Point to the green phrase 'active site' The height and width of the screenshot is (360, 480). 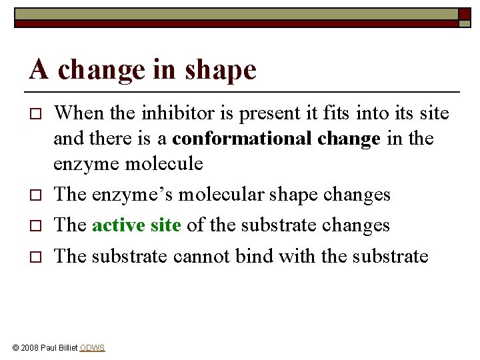tap(137, 225)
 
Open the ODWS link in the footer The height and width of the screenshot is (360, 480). tap(92, 348)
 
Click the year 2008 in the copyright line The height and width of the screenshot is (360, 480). tap(29, 348)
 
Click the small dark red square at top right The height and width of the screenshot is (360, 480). tap(465, 14)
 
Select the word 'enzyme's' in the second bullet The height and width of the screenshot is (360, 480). tap(117, 195)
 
